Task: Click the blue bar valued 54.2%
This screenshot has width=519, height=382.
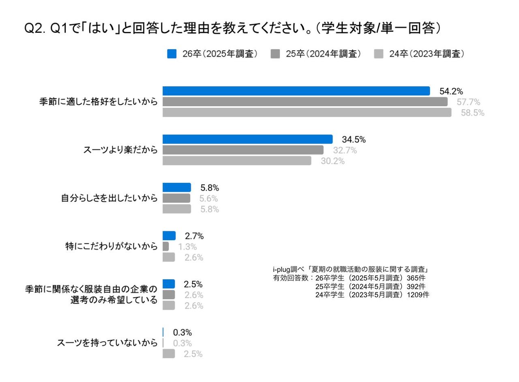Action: click(296, 91)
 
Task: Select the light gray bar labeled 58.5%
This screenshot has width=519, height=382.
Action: click(307, 112)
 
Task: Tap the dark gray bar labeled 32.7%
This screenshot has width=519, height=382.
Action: click(243, 150)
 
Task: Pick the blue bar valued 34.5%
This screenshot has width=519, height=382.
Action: click(247, 139)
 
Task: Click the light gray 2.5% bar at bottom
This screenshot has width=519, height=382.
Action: click(169, 354)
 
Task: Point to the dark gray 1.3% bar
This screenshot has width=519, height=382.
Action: click(165, 247)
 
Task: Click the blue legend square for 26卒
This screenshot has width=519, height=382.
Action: click(172, 54)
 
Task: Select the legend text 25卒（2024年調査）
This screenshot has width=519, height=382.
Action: click(323, 54)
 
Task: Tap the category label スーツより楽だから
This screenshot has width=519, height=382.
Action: click(120, 150)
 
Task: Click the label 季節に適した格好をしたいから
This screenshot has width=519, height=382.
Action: click(98, 102)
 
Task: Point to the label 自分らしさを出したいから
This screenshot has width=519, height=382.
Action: click(109, 198)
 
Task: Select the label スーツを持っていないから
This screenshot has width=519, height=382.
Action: click(107, 343)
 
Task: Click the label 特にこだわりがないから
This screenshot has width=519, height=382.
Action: click(111, 247)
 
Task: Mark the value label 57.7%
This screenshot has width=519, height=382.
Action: click(468, 102)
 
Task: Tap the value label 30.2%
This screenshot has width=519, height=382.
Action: click(333, 161)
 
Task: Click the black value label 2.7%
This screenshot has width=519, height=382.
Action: click(194, 236)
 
